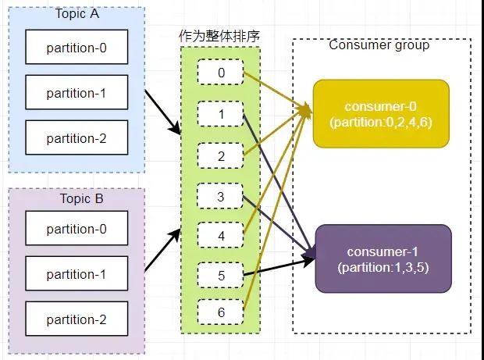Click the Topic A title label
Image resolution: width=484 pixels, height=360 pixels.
coord(77,14)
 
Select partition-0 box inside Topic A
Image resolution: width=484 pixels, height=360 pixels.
coord(77,48)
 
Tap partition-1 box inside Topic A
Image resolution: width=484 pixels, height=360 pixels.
coord(77,94)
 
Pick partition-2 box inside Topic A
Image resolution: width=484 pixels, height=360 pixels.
coord(77,139)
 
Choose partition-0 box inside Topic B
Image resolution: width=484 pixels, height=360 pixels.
coord(77,230)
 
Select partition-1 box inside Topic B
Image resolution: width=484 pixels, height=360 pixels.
coord(77,274)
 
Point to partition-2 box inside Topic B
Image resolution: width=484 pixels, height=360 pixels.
coord(77,319)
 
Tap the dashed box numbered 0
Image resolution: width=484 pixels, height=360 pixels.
coord(221,73)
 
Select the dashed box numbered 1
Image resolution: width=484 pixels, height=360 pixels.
coord(221,115)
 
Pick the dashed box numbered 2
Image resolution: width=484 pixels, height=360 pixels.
coord(221,156)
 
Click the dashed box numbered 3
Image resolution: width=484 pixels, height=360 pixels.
coord(221,197)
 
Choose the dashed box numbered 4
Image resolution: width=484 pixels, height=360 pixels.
coord(221,235)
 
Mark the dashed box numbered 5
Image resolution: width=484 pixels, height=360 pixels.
coord(221,275)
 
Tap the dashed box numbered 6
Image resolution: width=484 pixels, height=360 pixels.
coord(221,312)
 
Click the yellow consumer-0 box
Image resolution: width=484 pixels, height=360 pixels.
coord(381,113)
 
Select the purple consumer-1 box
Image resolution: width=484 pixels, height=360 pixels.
coord(383,258)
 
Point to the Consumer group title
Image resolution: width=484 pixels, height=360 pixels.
coord(379,45)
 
